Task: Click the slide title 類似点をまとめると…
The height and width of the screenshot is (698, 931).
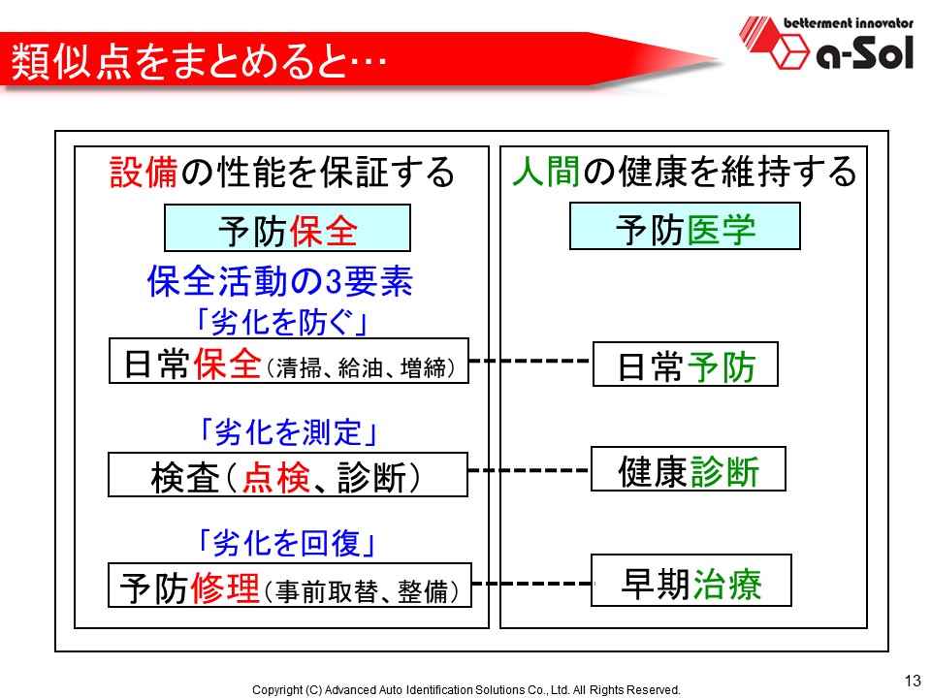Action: point(199,60)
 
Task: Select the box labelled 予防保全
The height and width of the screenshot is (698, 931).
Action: point(287,228)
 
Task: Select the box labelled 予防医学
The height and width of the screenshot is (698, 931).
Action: point(685,226)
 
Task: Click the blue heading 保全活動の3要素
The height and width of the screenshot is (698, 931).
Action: point(279,281)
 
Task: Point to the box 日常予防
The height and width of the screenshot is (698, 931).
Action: point(686,365)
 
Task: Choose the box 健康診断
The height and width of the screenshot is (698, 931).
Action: point(689,469)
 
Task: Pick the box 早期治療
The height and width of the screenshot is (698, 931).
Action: point(691,581)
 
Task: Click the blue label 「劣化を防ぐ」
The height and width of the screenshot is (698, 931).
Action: point(281,323)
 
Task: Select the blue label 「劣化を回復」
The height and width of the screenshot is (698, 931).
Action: point(287,543)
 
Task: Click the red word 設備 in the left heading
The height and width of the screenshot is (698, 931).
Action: point(144,172)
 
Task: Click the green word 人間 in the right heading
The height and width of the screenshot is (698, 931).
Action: point(546,172)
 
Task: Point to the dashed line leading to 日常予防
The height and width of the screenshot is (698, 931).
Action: point(530,361)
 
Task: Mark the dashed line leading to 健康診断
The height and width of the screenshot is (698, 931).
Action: point(530,470)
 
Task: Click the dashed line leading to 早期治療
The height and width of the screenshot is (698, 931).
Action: point(531,584)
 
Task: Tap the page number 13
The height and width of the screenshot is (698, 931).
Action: point(912,681)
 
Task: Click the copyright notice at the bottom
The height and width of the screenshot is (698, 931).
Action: point(466,689)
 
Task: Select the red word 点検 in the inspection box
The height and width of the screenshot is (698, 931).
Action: point(276,477)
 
